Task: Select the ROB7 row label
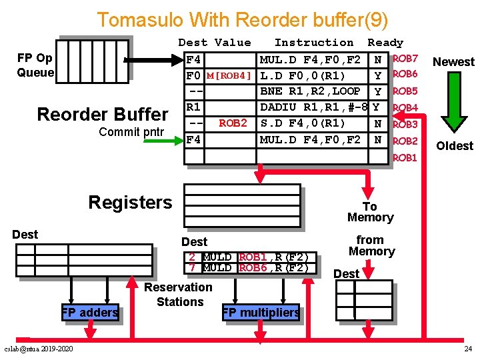pyautogui.click(x=405, y=59)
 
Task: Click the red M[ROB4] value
pyautogui.click(x=229, y=75)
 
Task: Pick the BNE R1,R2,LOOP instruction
pyautogui.click(x=310, y=91)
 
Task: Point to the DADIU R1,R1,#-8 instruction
pyautogui.click(x=313, y=107)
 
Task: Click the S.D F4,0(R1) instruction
pyautogui.click(x=302, y=123)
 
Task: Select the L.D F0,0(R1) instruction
pyautogui.click(x=302, y=75)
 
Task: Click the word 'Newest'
pyautogui.click(x=453, y=62)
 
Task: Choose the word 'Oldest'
pyautogui.click(x=454, y=145)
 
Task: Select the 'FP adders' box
pyautogui.click(x=89, y=312)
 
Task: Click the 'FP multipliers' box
pyautogui.click(x=261, y=313)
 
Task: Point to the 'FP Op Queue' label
pyautogui.click(x=35, y=65)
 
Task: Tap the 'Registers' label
pyautogui.click(x=130, y=203)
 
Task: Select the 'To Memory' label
pyautogui.click(x=370, y=212)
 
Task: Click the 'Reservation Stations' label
pyautogui.click(x=178, y=294)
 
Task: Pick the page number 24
pyautogui.click(x=467, y=349)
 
